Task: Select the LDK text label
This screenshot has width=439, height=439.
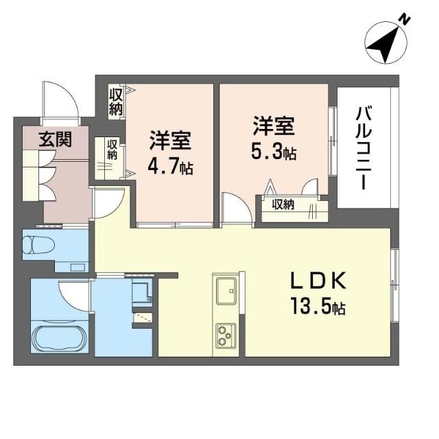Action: pyautogui.click(x=318, y=281)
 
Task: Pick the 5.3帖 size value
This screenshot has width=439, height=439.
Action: pyautogui.click(x=274, y=152)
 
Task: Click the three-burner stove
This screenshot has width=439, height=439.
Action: pyautogui.click(x=226, y=336)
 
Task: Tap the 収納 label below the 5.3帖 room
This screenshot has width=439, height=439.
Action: pyautogui.click(x=283, y=204)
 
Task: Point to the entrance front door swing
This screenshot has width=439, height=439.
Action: pyautogui.click(x=60, y=103)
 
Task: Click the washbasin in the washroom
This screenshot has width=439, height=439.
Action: pyautogui.click(x=143, y=291)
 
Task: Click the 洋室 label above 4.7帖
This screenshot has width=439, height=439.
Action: pyautogui.click(x=170, y=141)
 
